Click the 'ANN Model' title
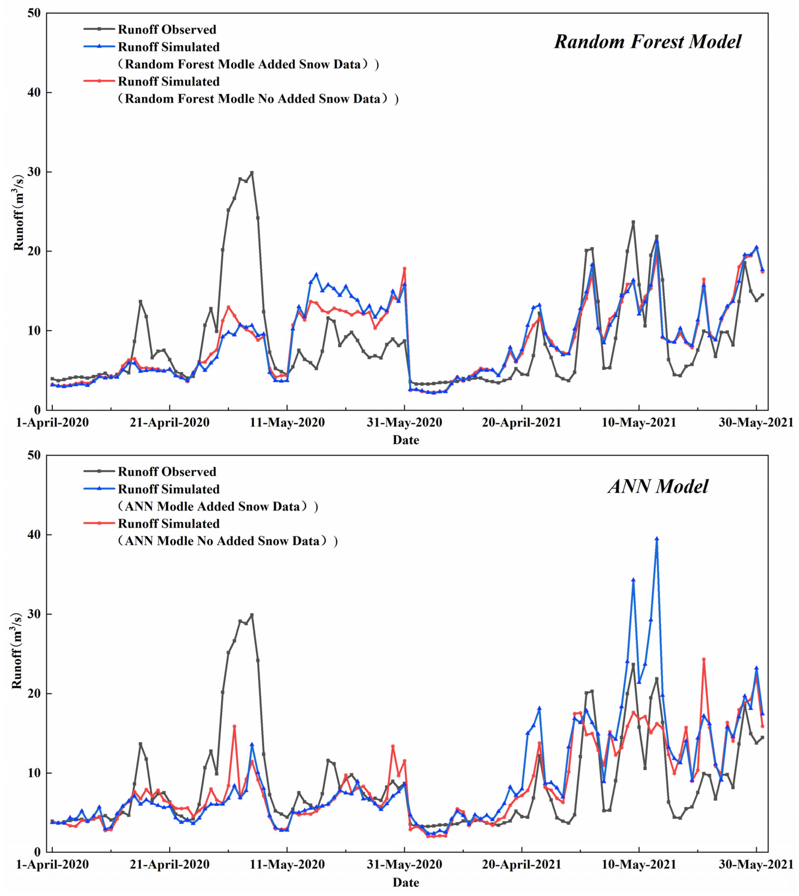click(x=658, y=487)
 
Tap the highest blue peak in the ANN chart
click(x=656, y=539)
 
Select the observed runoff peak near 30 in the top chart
click(x=252, y=173)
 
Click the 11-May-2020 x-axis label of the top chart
click(x=287, y=423)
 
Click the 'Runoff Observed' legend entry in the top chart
click(x=167, y=29)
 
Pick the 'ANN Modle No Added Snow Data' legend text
click(x=227, y=541)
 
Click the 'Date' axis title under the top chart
click(x=406, y=440)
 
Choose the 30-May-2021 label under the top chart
click(x=756, y=423)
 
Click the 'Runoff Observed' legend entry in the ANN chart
click(x=167, y=472)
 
